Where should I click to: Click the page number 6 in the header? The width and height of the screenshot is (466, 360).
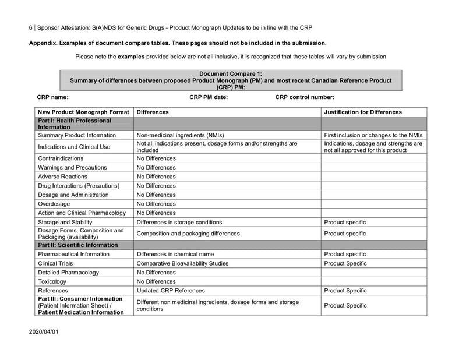click(x=31, y=27)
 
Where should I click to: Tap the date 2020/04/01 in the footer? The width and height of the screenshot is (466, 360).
click(x=44, y=331)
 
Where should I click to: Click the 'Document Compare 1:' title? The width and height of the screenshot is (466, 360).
click(x=231, y=74)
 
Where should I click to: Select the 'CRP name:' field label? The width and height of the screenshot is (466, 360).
click(x=52, y=97)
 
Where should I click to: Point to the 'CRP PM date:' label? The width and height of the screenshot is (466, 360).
click(x=209, y=97)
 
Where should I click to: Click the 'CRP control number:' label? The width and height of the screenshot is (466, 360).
click(x=305, y=97)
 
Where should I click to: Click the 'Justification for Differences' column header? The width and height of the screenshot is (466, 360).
click(x=362, y=112)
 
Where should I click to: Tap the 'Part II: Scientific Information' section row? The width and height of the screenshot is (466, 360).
click(x=77, y=245)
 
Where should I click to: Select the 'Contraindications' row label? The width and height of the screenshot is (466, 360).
click(x=61, y=158)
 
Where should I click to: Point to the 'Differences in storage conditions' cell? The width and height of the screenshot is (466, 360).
click(x=179, y=222)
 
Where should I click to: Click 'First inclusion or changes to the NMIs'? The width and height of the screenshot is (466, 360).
click(x=373, y=135)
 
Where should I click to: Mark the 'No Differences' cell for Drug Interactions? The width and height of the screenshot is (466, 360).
click(x=156, y=186)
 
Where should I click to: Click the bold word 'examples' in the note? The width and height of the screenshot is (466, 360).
click(x=131, y=57)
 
